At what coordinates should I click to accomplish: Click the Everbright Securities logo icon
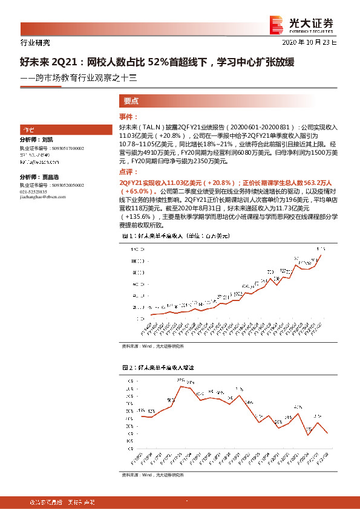pyautogui.click(x=277, y=24)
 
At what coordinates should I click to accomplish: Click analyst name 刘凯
pyautogui.click(x=48, y=140)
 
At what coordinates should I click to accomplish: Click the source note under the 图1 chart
pyautogui.click(x=152, y=346)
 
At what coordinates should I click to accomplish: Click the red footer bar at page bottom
pyautogui.click(x=180, y=502)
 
